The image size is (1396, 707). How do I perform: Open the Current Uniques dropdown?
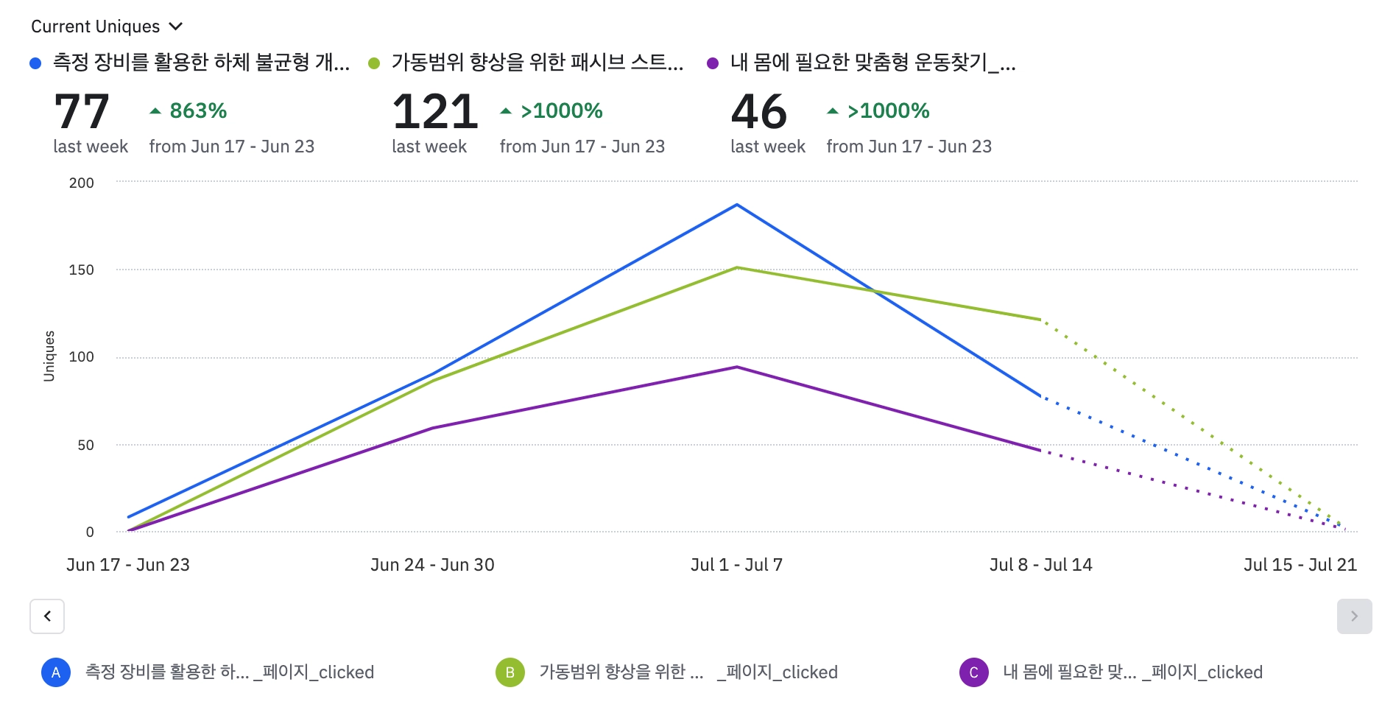click(107, 27)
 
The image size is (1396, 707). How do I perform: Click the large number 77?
click(82, 112)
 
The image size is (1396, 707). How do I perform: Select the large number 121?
click(435, 112)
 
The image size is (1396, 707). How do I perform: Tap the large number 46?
click(759, 112)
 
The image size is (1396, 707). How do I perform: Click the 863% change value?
click(197, 111)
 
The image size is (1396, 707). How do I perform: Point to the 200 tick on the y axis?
click(82, 183)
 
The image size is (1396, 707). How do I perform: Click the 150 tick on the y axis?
click(82, 270)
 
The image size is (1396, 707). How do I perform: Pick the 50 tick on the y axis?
click(85, 445)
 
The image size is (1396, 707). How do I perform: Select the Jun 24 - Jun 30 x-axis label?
click(432, 565)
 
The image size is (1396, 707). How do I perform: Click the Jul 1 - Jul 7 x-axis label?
click(736, 565)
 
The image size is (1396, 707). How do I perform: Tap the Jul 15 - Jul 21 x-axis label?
click(1300, 565)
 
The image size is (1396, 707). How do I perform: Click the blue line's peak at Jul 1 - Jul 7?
click(737, 205)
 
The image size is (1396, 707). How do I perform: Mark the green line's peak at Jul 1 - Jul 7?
click(737, 267)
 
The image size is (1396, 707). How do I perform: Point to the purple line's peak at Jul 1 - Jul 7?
click(737, 367)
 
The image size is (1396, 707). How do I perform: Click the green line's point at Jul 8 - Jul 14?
click(1040, 320)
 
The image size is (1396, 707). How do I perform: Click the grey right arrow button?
click(1354, 616)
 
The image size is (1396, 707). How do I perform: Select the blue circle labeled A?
click(56, 672)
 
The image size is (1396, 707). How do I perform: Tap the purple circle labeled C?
click(973, 672)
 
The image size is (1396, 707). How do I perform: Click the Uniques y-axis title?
click(49, 356)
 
